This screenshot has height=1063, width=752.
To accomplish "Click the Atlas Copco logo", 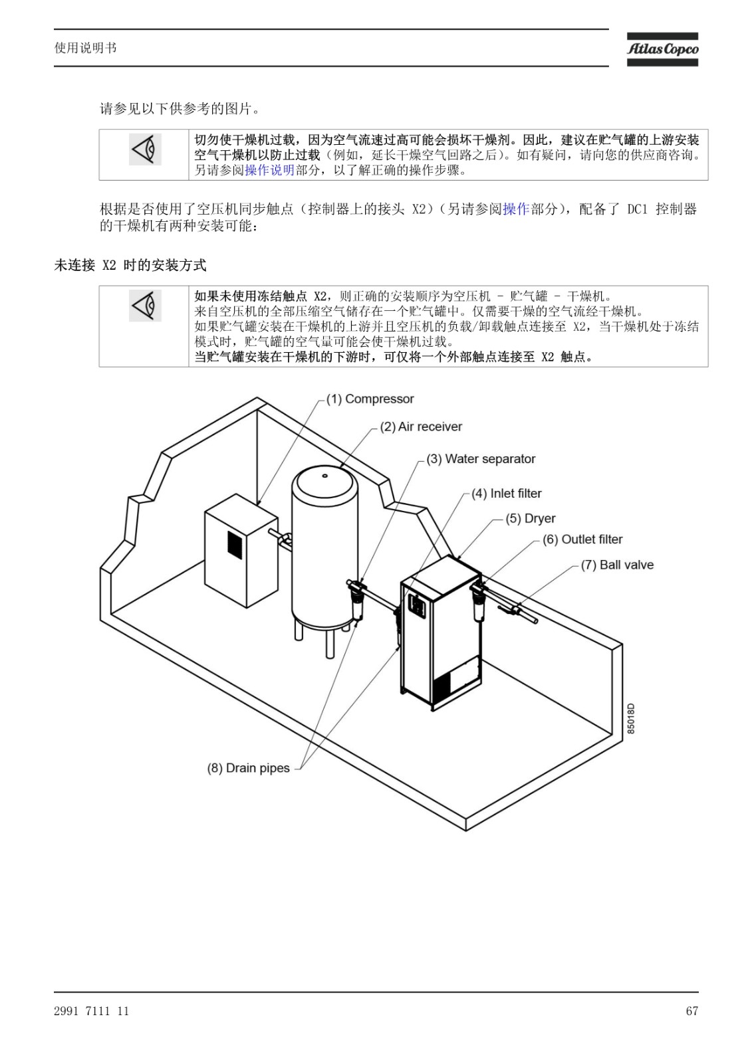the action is tap(662, 49).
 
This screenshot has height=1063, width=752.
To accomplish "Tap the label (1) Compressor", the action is tap(370, 399).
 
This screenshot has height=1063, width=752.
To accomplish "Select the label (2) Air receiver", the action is tap(421, 427).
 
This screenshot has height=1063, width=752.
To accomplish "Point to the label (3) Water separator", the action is tap(481, 459).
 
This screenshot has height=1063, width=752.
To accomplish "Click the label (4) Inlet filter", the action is tap(507, 494).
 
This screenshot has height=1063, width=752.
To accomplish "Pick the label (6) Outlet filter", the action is tap(582, 539).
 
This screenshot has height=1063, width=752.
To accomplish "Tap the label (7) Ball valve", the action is tap(617, 565).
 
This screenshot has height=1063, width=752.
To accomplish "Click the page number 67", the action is tap(692, 1011).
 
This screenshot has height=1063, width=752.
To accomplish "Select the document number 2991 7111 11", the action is tap(91, 1011).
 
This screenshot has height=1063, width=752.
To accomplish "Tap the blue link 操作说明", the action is tap(269, 169).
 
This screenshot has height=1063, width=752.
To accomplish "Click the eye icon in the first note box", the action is tap(145, 149).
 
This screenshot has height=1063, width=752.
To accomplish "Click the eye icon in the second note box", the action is tap(145, 306).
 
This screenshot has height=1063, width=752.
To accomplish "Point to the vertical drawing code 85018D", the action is tap(630, 718).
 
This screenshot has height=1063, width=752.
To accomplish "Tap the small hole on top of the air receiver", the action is tap(324, 475).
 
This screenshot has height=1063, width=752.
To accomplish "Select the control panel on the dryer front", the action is tap(417, 605).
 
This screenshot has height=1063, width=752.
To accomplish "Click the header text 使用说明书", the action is tap(86, 48).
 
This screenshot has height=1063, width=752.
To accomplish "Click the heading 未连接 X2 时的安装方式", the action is tap(130, 265).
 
